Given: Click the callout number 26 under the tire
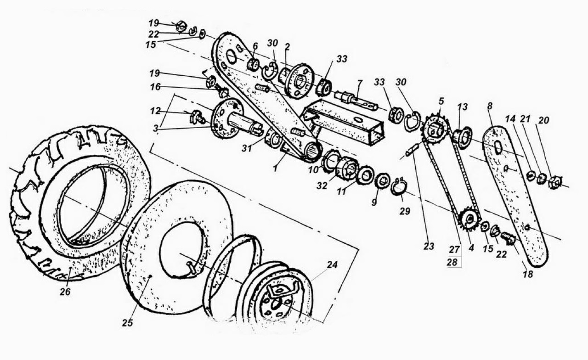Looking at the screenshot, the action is coord(65,292).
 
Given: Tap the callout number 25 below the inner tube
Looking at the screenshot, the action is coord(128,323).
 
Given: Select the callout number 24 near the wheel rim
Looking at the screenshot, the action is coord(332,265).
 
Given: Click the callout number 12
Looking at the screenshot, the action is coord(155,111).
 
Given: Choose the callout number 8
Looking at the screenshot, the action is coord(490,106).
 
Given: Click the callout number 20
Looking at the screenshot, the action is coord(543,120).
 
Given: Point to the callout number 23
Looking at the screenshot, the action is coord(429,247).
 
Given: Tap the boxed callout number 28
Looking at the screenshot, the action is coord(452,262).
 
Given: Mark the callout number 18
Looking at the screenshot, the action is coord(528,274).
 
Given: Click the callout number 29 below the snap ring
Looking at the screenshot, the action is coord(405,211).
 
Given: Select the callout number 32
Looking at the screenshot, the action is coord(322,186).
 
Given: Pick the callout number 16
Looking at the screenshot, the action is coord(155,87).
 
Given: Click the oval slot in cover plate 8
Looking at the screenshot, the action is coord(498,148).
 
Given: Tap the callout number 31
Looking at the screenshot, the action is coord(247,148).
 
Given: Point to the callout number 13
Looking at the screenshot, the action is coord(462,107).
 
